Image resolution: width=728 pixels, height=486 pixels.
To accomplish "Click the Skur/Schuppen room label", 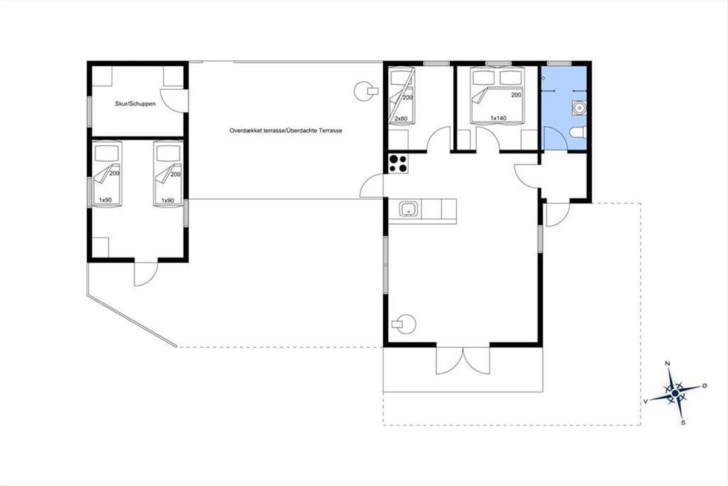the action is [135, 104].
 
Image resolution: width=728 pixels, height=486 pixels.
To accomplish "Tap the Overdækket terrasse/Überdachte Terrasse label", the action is [286, 131].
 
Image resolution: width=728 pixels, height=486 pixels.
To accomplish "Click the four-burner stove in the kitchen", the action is [399, 163].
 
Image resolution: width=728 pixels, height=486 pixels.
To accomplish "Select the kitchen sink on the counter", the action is [408, 209].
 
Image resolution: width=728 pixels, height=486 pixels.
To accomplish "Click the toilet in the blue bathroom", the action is [578, 132].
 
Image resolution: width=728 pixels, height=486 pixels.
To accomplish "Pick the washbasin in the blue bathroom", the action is [579, 108].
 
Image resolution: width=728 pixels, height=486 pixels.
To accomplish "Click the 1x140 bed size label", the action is [498, 118].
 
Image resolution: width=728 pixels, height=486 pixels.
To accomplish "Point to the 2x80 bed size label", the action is [401, 119].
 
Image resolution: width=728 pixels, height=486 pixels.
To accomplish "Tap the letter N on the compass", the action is [667, 363].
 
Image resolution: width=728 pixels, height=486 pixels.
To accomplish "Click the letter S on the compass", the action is [683, 423].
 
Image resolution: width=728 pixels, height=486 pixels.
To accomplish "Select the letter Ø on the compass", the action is [704, 386].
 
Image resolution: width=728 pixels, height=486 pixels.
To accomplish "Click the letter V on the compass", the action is [645, 402].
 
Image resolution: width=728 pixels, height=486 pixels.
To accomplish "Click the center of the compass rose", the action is [675, 394].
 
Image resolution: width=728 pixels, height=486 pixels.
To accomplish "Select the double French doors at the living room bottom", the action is [463, 360].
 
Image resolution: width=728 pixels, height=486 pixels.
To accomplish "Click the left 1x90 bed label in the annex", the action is [105, 200].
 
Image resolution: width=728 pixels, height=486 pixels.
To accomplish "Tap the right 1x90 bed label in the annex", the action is [167, 201].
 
